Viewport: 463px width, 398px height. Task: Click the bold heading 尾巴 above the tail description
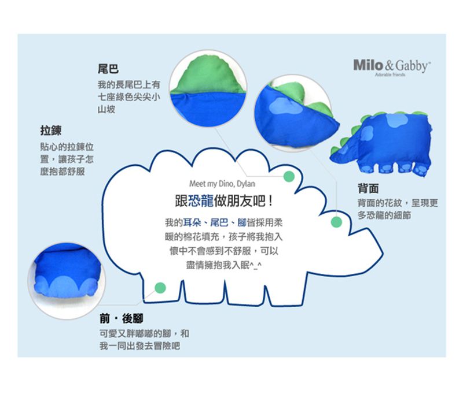pyautogui.click(x=108, y=69)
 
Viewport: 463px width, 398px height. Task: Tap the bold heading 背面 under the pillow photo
pyautogui.click(x=368, y=188)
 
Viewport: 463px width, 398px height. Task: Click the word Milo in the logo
pyautogui.click(x=368, y=65)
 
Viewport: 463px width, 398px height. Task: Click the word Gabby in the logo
pyautogui.click(x=413, y=66)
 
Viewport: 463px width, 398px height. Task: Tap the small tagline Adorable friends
pyautogui.click(x=390, y=75)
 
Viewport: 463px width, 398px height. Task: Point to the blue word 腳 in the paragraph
pyautogui.click(x=241, y=222)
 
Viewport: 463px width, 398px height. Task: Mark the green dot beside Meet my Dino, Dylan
pyautogui.click(x=288, y=175)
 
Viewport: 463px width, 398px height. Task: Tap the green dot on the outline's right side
pyautogui.click(x=336, y=222)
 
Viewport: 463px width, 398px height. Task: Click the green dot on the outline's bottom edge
pyautogui.click(x=161, y=287)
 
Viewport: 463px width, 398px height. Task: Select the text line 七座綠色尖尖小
pyautogui.click(x=128, y=97)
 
